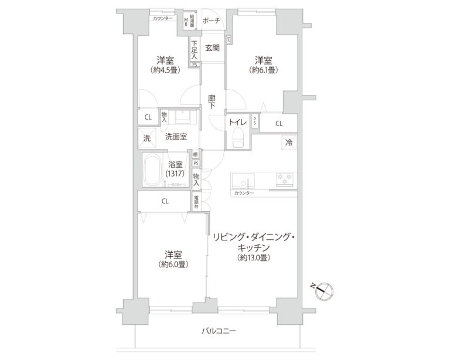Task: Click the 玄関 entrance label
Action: tap(213, 47)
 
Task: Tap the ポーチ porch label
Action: tap(210, 21)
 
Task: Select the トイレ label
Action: tap(237, 123)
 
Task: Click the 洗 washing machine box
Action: tap(147, 138)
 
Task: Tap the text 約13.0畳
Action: tap(254, 258)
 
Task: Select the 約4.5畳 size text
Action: tap(165, 70)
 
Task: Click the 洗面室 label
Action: tap(175, 137)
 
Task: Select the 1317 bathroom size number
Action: tap(176, 174)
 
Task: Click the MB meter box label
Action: tap(187, 22)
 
